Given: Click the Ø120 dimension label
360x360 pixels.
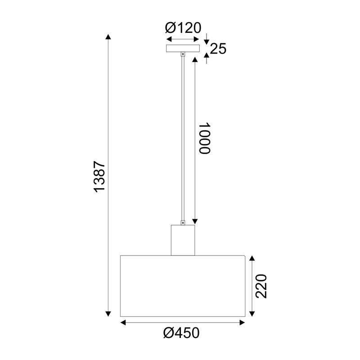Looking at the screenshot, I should [x=183, y=28].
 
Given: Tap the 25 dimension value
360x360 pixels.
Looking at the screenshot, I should [x=218, y=49].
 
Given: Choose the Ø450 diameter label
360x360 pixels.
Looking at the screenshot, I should [x=182, y=333].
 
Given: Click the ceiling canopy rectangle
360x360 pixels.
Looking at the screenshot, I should [x=183, y=48].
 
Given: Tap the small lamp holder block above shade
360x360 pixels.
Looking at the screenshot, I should [x=183, y=240].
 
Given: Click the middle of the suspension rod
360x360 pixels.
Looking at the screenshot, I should [x=183, y=137].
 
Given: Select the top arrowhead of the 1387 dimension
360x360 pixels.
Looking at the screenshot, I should [x=108, y=37].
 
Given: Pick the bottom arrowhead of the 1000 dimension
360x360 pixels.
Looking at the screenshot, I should [x=195, y=221].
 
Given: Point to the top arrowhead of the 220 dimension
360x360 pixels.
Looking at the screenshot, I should [x=252, y=259].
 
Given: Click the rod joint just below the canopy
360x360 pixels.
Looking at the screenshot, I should [x=183, y=54].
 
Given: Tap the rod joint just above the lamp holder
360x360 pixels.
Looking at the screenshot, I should [x=183, y=222].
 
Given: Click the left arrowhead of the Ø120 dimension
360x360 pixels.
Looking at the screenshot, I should [x=168, y=39].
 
